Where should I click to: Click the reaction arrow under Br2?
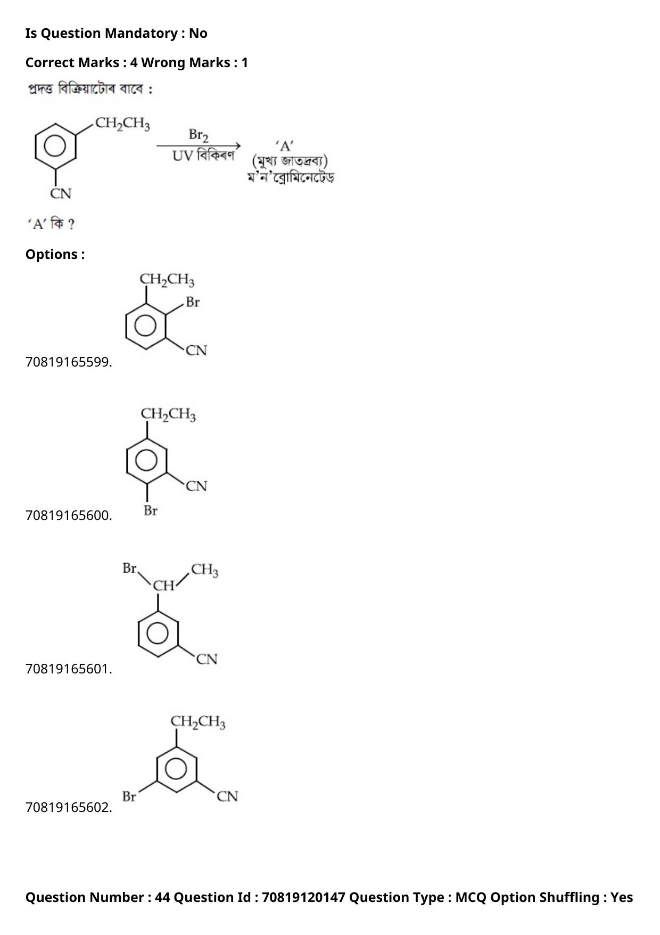point(199,145)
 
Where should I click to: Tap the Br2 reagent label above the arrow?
point(199,135)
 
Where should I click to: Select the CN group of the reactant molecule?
point(61,193)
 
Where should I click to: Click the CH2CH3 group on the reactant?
point(122,124)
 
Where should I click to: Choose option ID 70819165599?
point(69,362)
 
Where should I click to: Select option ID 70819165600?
point(69,516)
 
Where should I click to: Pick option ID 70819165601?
point(69,669)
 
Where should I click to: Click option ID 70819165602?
point(69,808)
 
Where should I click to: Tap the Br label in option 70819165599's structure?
point(193,302)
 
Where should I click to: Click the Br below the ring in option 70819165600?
point(151,511)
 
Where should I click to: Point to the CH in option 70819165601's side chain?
point(164,586)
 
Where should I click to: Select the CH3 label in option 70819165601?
point(205,570)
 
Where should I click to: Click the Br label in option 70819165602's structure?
point(129,797)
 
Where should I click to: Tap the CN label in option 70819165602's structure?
point(227,797)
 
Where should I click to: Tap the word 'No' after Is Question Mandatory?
point(198,34)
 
